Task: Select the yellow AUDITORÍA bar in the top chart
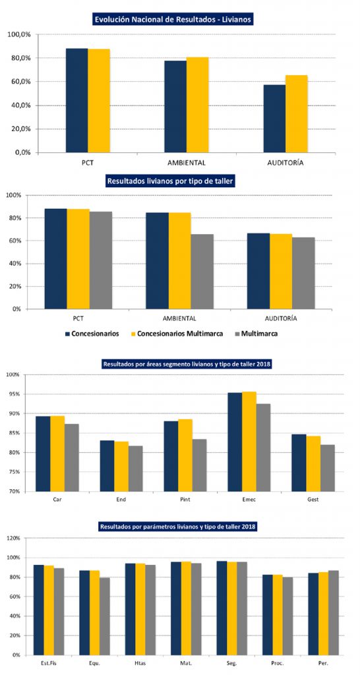pyautogui.click(x=297, y=113)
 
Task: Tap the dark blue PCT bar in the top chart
pyautogui.click(x=76, y=100)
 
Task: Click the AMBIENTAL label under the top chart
pyautogui.click(x=187, y=163)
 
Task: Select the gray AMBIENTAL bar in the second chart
pyautogui.click(x=202, y=272)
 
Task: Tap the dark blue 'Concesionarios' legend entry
pyautogui.click(x=92, y=334)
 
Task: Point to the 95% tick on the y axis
pyautogui.click(x=15, y=394)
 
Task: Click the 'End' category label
pyautogui.click(x=121, y=500)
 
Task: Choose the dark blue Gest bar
pyautogui.click(x=299, y=463)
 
